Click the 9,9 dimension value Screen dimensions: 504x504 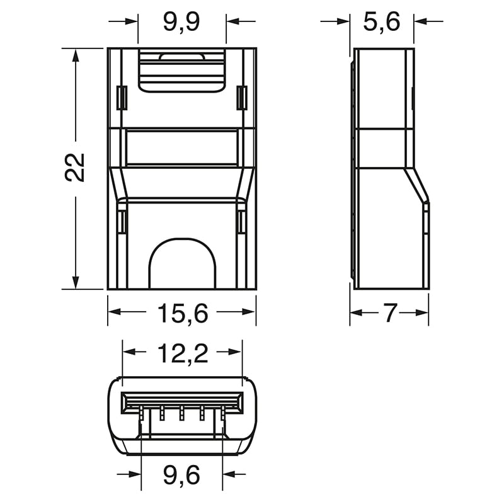click(181, 22)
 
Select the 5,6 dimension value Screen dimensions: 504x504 click(382, 22)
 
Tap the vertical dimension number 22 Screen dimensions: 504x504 click(76, 168)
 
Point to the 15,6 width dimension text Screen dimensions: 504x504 click(181, 312)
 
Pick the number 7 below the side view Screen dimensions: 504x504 click(389, 313)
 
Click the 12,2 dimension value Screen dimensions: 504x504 click(182, 355)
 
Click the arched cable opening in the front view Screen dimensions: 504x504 click(182, 265)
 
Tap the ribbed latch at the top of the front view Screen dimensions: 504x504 click(181, 72)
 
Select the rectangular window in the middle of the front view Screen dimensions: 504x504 click(182, 148)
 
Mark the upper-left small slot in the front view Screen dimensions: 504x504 click(122, 98)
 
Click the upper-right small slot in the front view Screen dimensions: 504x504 click(241, 98)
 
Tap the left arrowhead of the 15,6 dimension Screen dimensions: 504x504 click(114, 312)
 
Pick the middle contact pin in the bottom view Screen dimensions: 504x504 click(181, 413)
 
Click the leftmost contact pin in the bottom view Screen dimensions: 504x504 click(143, 413)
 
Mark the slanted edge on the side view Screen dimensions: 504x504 click(416, 185)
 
